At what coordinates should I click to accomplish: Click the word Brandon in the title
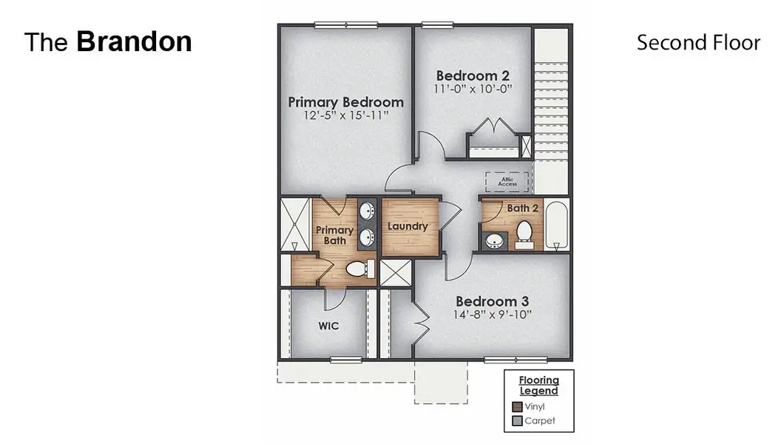pyautogui.click(x=134, y=41)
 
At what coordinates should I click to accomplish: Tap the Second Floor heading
pyautogui.click(x=698, y=43)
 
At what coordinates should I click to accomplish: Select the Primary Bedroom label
pyautogui.click(x=345, y=102)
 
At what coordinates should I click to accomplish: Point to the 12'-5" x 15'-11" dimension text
pyautogui.click(x=345, y=116)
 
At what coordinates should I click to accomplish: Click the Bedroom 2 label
pyautogui.click(x=473, y=75)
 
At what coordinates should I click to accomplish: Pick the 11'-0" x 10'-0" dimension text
pyautogui.click(x=473, y=89)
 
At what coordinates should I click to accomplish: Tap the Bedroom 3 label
pyautogui.click(x=492, y=301)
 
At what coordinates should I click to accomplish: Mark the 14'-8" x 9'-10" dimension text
pyautogui.click(x=492, y=314)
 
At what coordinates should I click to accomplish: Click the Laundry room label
pyautogui.click(x=408, y=226)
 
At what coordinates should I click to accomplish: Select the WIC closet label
pyautogui.click(x=328, y=326)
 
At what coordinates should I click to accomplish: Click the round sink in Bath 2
pyautogui.click(x=493, y=240)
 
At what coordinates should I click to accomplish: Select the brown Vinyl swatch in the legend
pyautogui.click(x=518, y=406)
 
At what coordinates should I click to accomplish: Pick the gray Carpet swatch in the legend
pyautogui.click(x=518, y=421)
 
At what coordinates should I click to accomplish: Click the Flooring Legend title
pyautogui.click(x=538, y=386)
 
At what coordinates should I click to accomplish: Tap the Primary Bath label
pyautogui.click(x=334, y=235)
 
